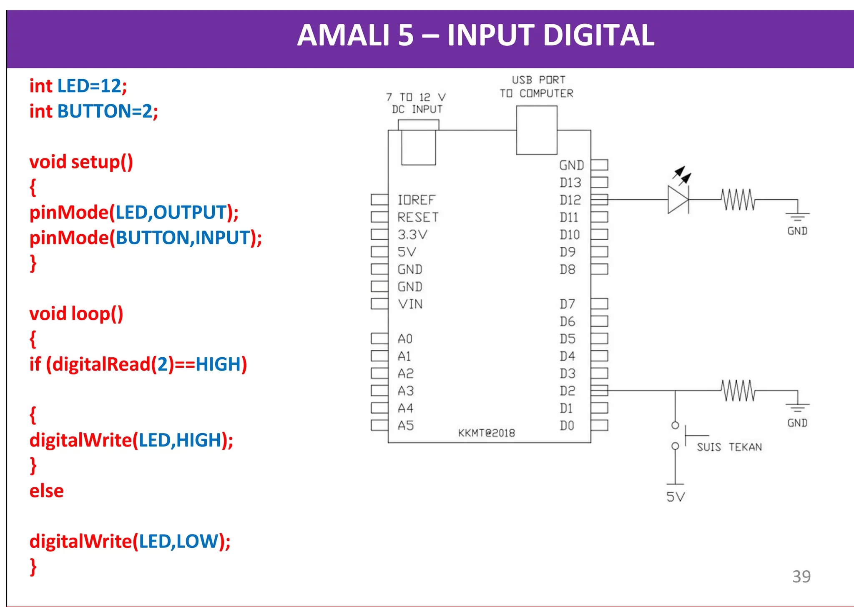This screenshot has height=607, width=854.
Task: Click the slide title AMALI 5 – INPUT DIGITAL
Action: [x=475, y=35]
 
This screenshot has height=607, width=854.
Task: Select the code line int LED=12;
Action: [x=78, y=86]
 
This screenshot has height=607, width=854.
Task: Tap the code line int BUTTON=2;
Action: [x=93, y=111]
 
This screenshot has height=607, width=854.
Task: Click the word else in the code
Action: [x=46, y=491]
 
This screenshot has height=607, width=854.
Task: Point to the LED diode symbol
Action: [x=678, y=200]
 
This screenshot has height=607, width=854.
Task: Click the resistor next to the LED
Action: [x=738, y=200]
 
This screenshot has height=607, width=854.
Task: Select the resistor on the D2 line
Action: [x=738, y=391]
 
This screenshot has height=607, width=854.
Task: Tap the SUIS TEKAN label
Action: [x=729, y=447]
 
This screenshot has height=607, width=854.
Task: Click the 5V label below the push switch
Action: [x=676, y=497]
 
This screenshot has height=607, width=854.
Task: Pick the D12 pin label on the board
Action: [x=570, y=200]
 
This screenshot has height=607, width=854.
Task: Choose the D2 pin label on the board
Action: [x=568, y=391]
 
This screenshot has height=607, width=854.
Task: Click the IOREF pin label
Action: [x=416, y=200]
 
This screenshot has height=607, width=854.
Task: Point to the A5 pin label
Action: [x=405, y=426]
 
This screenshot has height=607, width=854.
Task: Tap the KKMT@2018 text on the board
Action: [x=486, y=433]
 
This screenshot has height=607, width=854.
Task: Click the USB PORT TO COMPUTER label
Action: [x=537, y=87]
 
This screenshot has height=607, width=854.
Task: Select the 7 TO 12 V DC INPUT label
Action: [x=416, y=103]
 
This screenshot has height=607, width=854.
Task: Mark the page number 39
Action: [x=801, y=577]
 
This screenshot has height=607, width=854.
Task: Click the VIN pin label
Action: [x=410, y=304]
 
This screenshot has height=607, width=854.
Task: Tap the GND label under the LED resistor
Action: [x=797, y=231]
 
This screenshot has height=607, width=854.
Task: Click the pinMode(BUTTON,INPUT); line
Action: [x=146, y=238]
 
